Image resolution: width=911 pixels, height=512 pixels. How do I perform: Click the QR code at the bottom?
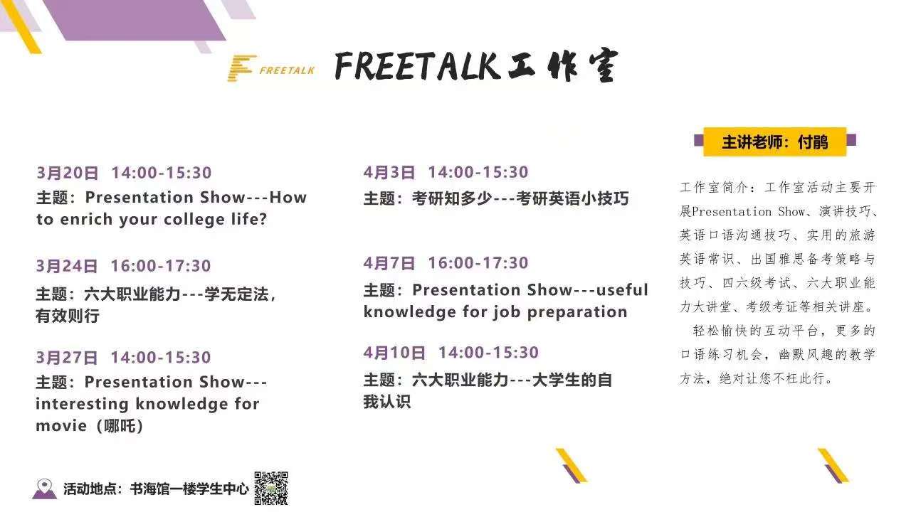[271, 488]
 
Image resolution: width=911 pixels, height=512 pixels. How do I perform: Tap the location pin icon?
[44, 488]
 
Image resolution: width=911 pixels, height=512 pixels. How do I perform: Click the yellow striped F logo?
[241, 68]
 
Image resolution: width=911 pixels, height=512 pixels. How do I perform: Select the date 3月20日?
[67, 173]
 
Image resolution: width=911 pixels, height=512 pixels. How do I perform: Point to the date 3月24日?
[67, 266]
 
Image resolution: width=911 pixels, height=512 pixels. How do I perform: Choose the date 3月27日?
[67, 358]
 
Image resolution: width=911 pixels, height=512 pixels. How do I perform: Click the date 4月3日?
[389, 172]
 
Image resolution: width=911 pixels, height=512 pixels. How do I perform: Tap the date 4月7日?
[389, 263]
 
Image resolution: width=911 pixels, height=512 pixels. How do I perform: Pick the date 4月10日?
[394, 353]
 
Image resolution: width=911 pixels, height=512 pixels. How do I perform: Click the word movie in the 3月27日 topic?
[61, 426]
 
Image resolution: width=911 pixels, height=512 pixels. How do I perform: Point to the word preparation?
[577, 312]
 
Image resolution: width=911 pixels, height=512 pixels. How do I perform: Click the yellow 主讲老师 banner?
[775, 142]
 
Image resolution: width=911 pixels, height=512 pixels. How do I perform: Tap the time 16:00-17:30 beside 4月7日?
[478, 263]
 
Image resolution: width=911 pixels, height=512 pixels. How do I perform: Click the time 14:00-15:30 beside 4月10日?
[488, 353]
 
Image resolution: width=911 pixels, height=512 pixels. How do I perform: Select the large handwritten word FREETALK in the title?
[417, 66]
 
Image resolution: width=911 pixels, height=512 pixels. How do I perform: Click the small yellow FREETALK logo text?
[287, 70]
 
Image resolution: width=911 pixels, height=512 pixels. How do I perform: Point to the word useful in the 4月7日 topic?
[622, 290]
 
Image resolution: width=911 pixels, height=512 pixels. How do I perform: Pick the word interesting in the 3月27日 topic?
[82, 404]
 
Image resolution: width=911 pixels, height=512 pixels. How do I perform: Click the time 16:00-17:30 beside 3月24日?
[161, 266]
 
